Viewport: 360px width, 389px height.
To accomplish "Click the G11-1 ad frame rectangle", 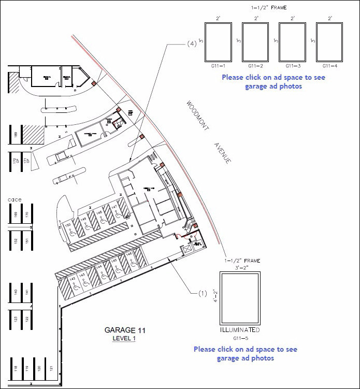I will pyautogui.click(x=218, y=42).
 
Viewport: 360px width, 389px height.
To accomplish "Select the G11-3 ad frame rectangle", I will pyautogui.click(x=292, y=42).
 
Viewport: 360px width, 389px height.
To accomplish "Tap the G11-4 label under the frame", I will pyautogui.click(x=330, y=66).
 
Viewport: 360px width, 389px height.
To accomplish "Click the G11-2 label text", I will pyautogui.click(x=255, y=66).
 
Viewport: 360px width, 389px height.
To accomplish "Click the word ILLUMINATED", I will pyautogui.click(x=239, y=330).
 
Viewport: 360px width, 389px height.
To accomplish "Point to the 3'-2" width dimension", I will pyautogui.click(x=239, y=268).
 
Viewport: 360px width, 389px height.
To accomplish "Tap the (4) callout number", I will pyautogui.click(x=191, y=45).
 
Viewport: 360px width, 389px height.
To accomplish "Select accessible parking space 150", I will pyautogui.click(x=68, y=226).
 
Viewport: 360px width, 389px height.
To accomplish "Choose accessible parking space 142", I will pyautogui.click(x=73, y=280).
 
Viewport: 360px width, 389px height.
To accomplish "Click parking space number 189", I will pyautogui.click(x=16, y=135).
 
